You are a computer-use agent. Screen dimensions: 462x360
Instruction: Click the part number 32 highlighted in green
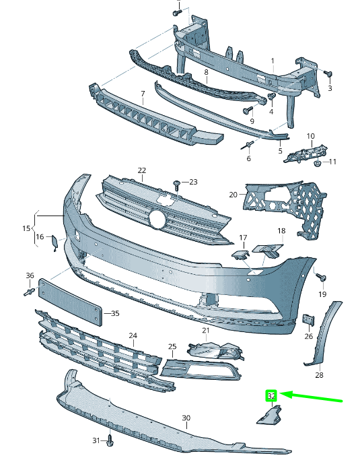271,396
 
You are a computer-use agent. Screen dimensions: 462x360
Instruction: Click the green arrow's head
282,393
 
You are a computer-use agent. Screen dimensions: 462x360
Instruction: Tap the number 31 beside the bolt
96,440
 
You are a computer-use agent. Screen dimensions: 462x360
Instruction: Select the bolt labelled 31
110,442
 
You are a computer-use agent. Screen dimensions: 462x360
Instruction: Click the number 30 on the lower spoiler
186,418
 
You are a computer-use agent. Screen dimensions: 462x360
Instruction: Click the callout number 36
30,275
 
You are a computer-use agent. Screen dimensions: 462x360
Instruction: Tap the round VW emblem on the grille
157,219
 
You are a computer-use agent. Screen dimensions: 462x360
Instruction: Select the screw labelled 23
177,184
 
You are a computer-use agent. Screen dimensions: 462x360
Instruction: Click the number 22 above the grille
141,170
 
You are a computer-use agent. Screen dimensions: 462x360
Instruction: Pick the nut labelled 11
317,162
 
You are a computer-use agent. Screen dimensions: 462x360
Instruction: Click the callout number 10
310,137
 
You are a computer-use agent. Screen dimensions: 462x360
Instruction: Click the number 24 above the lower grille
133,335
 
